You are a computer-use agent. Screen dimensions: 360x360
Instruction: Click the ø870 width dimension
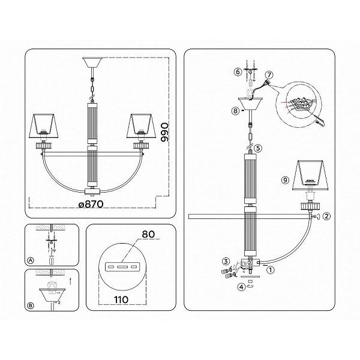[91, 204]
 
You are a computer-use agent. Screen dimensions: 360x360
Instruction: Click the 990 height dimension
[164, 133]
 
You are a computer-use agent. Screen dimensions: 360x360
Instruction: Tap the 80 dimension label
[148, 234]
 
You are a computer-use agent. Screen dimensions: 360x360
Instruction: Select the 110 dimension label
[121, 299]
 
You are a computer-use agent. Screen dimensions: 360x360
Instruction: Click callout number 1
[271, 269]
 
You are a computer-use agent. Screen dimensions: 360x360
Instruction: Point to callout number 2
[326, 216]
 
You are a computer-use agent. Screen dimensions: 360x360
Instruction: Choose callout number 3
[226, 261]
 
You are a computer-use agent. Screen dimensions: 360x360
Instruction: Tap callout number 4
[241, 287]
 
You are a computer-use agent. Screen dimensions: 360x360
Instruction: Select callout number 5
[258, 148]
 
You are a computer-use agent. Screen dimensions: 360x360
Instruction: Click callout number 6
[238, 72]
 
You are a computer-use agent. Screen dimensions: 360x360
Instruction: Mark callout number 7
[269, 75]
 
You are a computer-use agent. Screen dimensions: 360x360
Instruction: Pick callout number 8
[236, 111]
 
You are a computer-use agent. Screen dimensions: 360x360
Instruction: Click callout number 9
[285, 180]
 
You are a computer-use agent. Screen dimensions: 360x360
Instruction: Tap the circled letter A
[31, 260]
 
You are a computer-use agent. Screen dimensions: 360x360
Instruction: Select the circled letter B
[31, 305]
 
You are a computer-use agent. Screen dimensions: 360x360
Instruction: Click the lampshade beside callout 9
[310, 175]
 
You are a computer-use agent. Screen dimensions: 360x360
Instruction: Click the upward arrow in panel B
[70, 281]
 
